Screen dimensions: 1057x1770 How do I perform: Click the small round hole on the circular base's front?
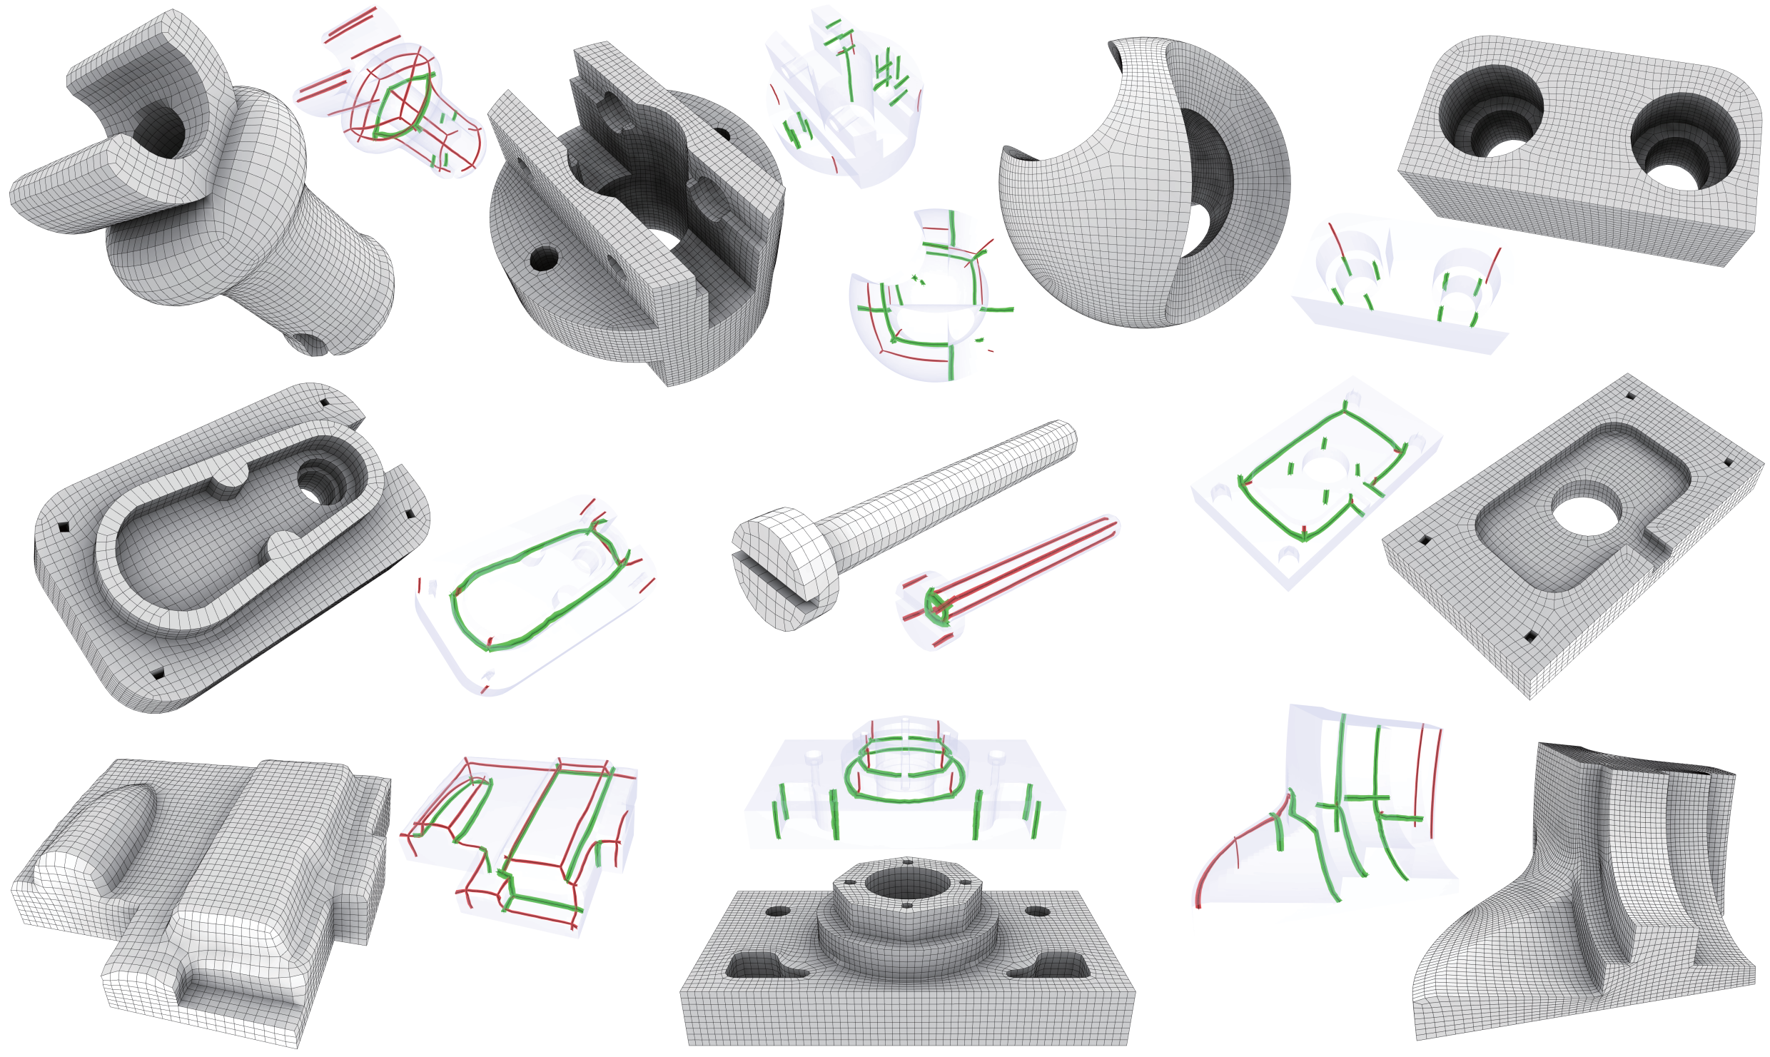coord(545,260)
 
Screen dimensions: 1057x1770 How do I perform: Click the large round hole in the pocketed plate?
coord(1586,515)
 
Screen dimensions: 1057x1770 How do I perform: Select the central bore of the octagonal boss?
coord(907,884)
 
